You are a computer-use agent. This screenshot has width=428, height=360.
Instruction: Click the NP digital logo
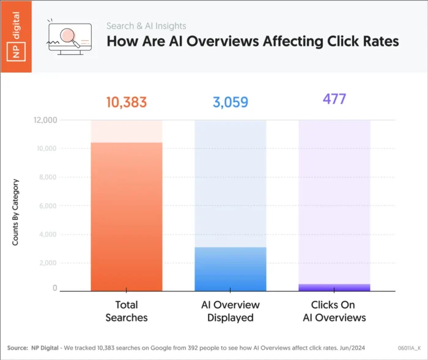pyautogui.click(x=16, y=37)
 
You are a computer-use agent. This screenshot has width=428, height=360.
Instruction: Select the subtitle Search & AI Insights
pyautogui.click(x=146, y=26)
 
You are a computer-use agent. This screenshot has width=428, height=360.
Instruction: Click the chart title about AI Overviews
pyautogui.click(x=253, y=42)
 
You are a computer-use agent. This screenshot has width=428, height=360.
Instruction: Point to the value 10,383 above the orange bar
pyautogui.click(x=127, y=102)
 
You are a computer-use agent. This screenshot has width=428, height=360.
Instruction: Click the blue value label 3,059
pyautogui.click(x=231, y=102)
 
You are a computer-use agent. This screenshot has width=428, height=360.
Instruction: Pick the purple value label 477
pyautogui.click(x=334, y=99)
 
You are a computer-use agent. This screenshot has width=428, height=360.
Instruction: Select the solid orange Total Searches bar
pyautogui.click(x=127, y=217)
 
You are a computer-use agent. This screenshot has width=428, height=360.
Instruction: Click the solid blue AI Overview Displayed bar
pyautogui.click(x=231, y=270)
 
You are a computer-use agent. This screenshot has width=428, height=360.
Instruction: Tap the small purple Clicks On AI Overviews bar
pyautogui.click(x=334, y=287)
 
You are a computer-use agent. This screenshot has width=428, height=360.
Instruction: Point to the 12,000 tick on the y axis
pyautogui.click(x=45, y=120)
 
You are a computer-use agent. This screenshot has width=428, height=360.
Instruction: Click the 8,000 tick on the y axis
pyautogui.click(x=47, y=177)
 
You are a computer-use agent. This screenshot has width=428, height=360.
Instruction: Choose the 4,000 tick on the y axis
pyautogui.click(x=47, y=234)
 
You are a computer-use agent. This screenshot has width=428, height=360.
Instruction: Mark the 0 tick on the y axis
pyautogui.click(x=54, y=288)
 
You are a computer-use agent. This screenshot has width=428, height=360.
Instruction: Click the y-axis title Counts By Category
pyautogui.click(x=16, y=212)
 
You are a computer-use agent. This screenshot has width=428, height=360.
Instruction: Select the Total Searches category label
pyautogui.click(x=127, y=310)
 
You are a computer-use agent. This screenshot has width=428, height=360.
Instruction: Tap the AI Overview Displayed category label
pyautogui.click(x=231, y=310)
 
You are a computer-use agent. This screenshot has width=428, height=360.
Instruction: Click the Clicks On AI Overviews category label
pyautogui.click(x=334, y=310)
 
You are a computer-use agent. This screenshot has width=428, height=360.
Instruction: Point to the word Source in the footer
pyautogui.click(x=17, y=348)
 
